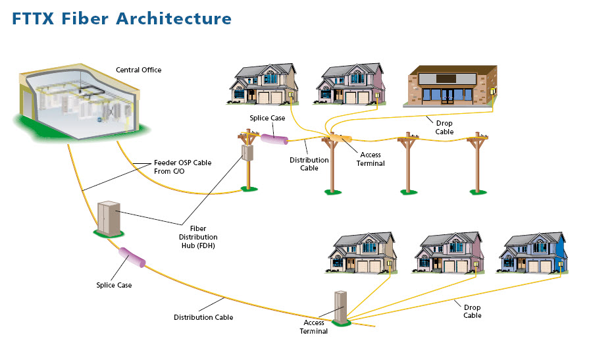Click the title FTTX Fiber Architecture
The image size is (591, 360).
(x=122, y=18)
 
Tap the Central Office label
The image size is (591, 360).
(x=138, y=70)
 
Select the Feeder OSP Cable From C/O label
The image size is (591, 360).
(x=182, y=167)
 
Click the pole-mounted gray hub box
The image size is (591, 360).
(x=247, y=153)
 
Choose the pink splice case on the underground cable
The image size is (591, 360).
(x=132, y=257)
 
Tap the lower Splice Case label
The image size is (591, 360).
(x=114, y=285)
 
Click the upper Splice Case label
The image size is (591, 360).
(x=267, y=118)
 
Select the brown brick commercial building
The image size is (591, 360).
(x=451, y=86)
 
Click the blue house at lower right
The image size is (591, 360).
(x=532, y=253)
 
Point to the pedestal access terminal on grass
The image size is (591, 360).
(x=340, y=307)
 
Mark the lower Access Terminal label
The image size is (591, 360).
(x=315, y=327)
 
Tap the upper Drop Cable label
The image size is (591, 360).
(x=444, y=127)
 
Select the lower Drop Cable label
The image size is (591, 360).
(x=472, y=311)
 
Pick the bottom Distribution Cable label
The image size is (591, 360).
(x=203, y=317)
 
